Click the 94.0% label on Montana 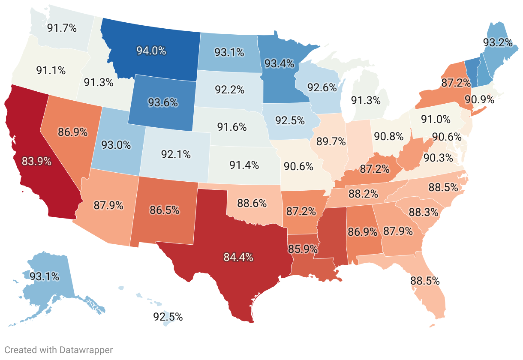tap(151, 50)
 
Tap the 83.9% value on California tap(37, 162)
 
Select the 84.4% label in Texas tap(238, 257)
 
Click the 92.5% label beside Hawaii tap(168, 317)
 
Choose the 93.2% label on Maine tap(498, 42)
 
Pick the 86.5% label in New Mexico tap(164, 210)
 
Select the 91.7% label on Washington tap(62, 28)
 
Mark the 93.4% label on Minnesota tap(279, 64)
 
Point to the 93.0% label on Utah tap(116, 145)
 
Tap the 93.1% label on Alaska tap(44, 276)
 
